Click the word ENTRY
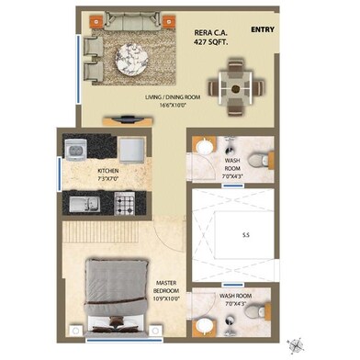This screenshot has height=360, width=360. (x=262, y=28)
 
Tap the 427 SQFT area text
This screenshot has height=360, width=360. (x=211, y=41)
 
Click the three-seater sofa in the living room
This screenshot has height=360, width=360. (x=126, y=21)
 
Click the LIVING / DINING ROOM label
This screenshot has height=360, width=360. (x=173, y=96)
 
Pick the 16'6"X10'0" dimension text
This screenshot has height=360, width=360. (x=173, y=106)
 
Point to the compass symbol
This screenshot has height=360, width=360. (x=296, y=344)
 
